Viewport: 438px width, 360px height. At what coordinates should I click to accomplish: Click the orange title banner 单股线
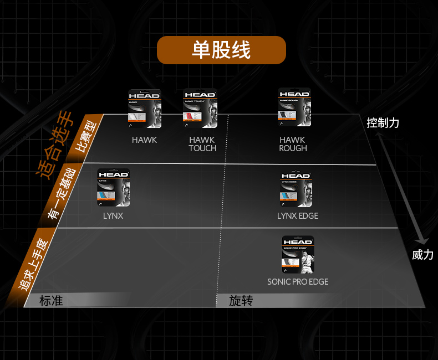point(221,50)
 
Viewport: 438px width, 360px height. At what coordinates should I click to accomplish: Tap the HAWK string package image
point(144,108)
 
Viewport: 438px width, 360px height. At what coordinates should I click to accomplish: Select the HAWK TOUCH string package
point(200,108)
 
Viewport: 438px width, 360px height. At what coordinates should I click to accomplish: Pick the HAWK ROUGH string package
point(294,107)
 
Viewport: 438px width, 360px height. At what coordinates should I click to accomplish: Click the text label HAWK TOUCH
point(202,144)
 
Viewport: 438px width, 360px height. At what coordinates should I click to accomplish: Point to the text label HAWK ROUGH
point(293,144)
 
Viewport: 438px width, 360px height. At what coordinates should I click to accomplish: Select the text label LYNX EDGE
point(298,215)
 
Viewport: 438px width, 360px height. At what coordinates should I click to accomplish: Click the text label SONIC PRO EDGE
point(298,282)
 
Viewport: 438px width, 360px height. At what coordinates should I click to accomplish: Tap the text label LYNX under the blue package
point(113,215)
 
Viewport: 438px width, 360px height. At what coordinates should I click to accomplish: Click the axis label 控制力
point(383,123)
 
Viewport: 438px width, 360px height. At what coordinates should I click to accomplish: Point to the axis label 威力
point(422,255)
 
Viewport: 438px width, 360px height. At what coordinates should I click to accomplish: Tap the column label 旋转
point(241,301)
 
